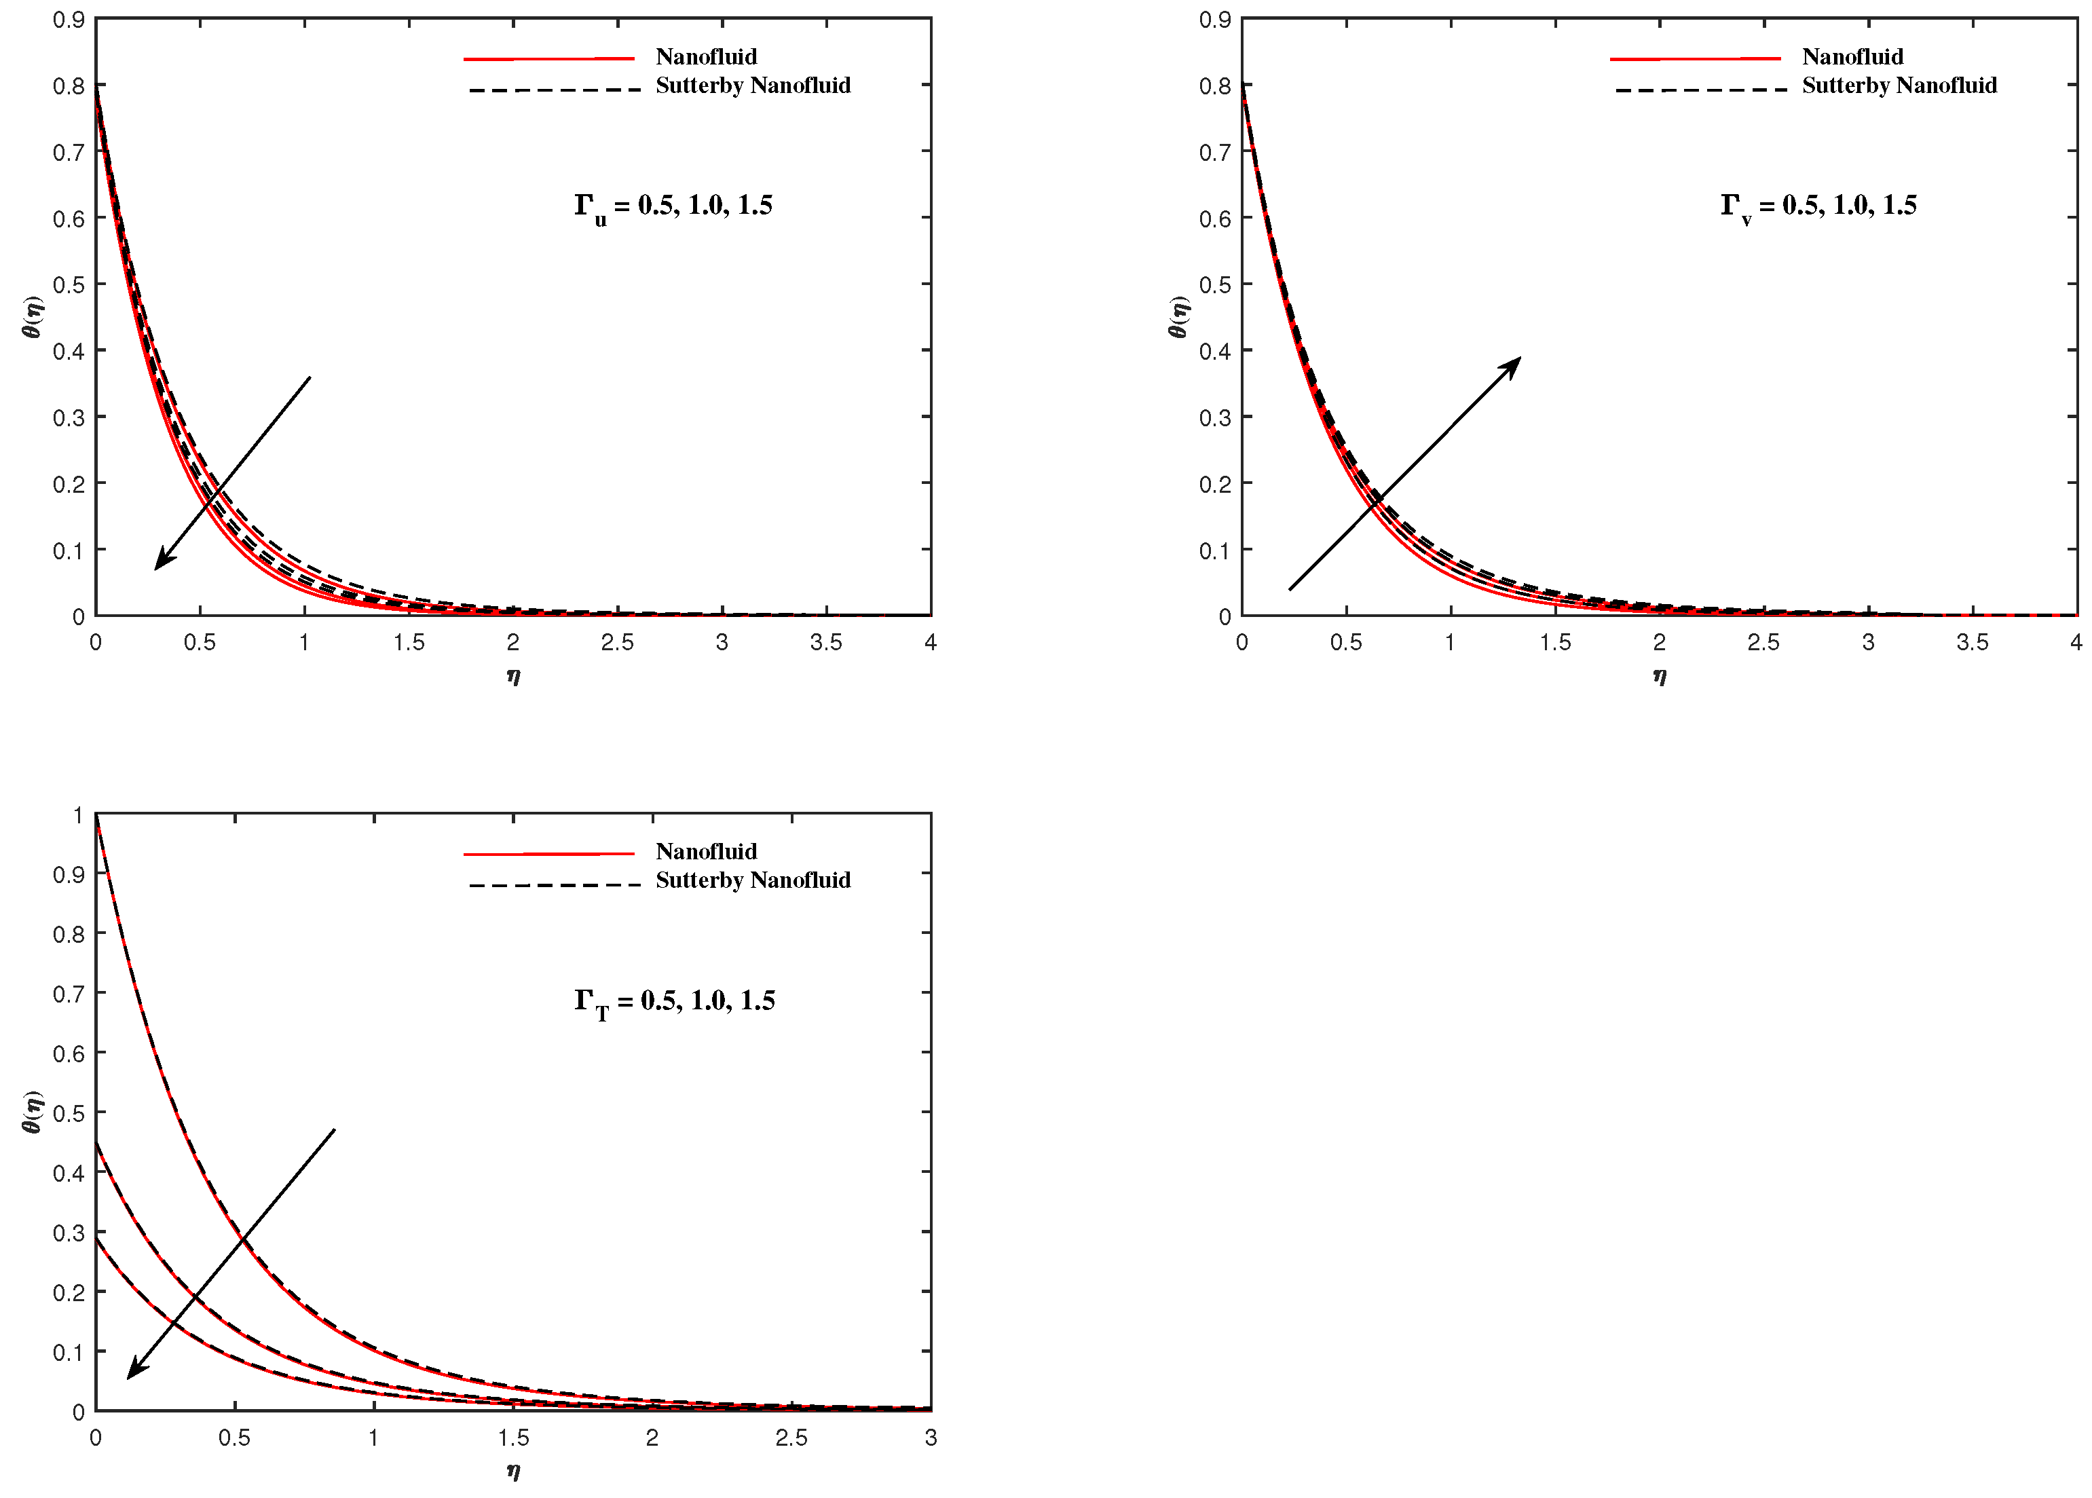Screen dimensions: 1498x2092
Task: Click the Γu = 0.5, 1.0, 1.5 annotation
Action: point(673,206)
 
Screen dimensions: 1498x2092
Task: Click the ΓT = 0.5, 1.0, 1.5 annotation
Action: point(674,1002)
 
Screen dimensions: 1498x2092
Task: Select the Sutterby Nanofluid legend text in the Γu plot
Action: point(753,86)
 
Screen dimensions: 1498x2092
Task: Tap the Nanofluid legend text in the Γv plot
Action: point(1852,57)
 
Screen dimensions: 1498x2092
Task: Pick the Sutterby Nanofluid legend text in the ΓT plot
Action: point(753,881)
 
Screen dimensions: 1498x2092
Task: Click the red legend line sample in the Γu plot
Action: point(549,59)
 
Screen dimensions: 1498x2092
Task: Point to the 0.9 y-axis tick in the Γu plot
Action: point(69,20)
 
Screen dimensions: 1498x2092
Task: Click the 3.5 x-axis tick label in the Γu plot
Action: point(825,643)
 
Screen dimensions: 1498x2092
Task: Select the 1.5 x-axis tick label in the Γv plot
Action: point(1555,643)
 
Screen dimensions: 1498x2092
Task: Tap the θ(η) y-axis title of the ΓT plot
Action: point(33,1112)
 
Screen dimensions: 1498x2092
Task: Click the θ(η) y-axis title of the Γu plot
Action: point(33,317)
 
